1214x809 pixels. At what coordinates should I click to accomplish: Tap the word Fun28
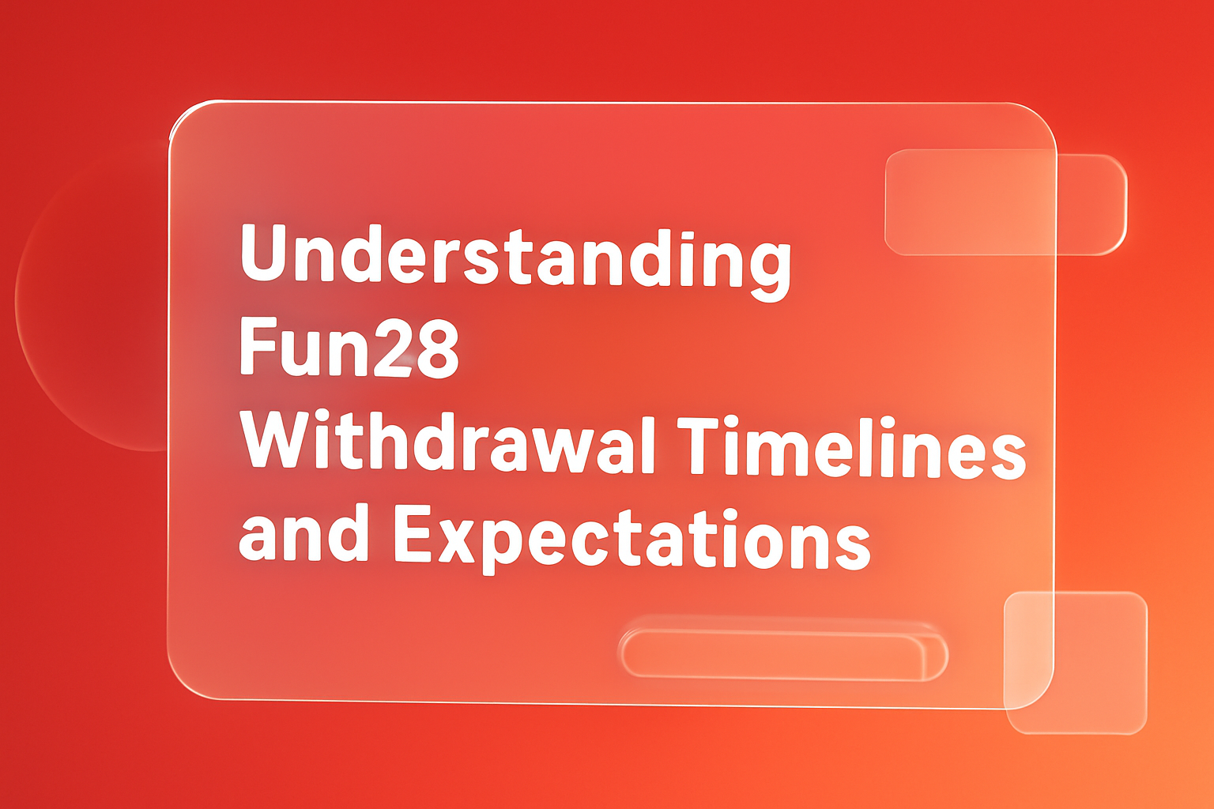pos(349,348)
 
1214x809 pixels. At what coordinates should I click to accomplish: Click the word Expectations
pos(632,536)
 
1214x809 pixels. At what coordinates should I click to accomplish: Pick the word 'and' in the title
pos(304,535)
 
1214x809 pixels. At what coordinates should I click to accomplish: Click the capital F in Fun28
pos(255,347)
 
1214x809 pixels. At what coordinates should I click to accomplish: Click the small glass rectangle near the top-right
pos(1005,202)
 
